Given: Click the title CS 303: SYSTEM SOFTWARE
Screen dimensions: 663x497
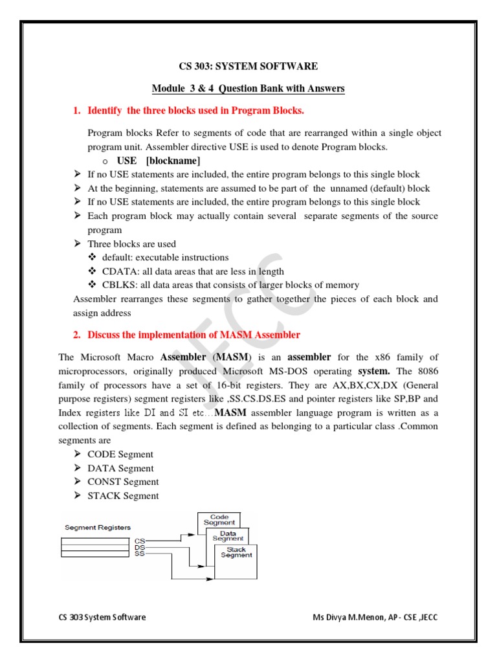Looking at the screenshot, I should (248, 66).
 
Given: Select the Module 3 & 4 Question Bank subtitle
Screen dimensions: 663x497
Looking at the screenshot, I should (248, 88).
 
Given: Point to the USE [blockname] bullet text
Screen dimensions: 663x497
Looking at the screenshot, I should (159, 161).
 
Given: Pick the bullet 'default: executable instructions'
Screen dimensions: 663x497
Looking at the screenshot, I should (165, 257).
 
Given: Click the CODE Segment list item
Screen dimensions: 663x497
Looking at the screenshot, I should (120, 455).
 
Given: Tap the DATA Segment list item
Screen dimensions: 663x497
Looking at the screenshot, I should (120, 468).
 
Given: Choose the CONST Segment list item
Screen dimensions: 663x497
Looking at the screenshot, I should (123, 482).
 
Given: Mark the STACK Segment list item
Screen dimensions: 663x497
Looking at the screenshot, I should (123, 496).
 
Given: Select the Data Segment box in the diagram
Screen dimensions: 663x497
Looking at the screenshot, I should (228, 536).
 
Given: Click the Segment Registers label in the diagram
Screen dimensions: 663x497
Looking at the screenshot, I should (97, 528).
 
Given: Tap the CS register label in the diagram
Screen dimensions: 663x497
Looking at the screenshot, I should (140, 540).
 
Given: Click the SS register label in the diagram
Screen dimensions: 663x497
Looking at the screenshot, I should (140, 554).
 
